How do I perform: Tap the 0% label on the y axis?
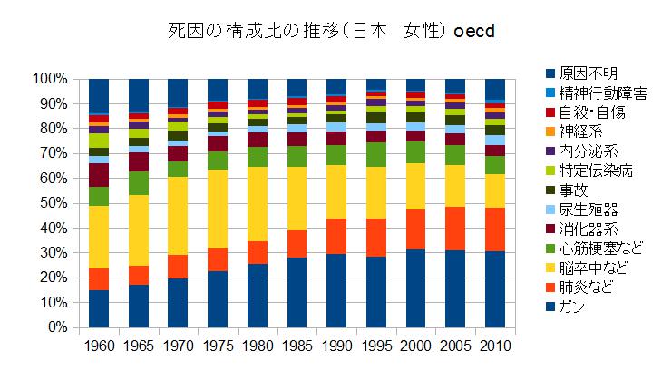[x=56, y=326]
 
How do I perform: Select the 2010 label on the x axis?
[x=494, y=346]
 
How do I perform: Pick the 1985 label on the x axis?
[x=296, y=346]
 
